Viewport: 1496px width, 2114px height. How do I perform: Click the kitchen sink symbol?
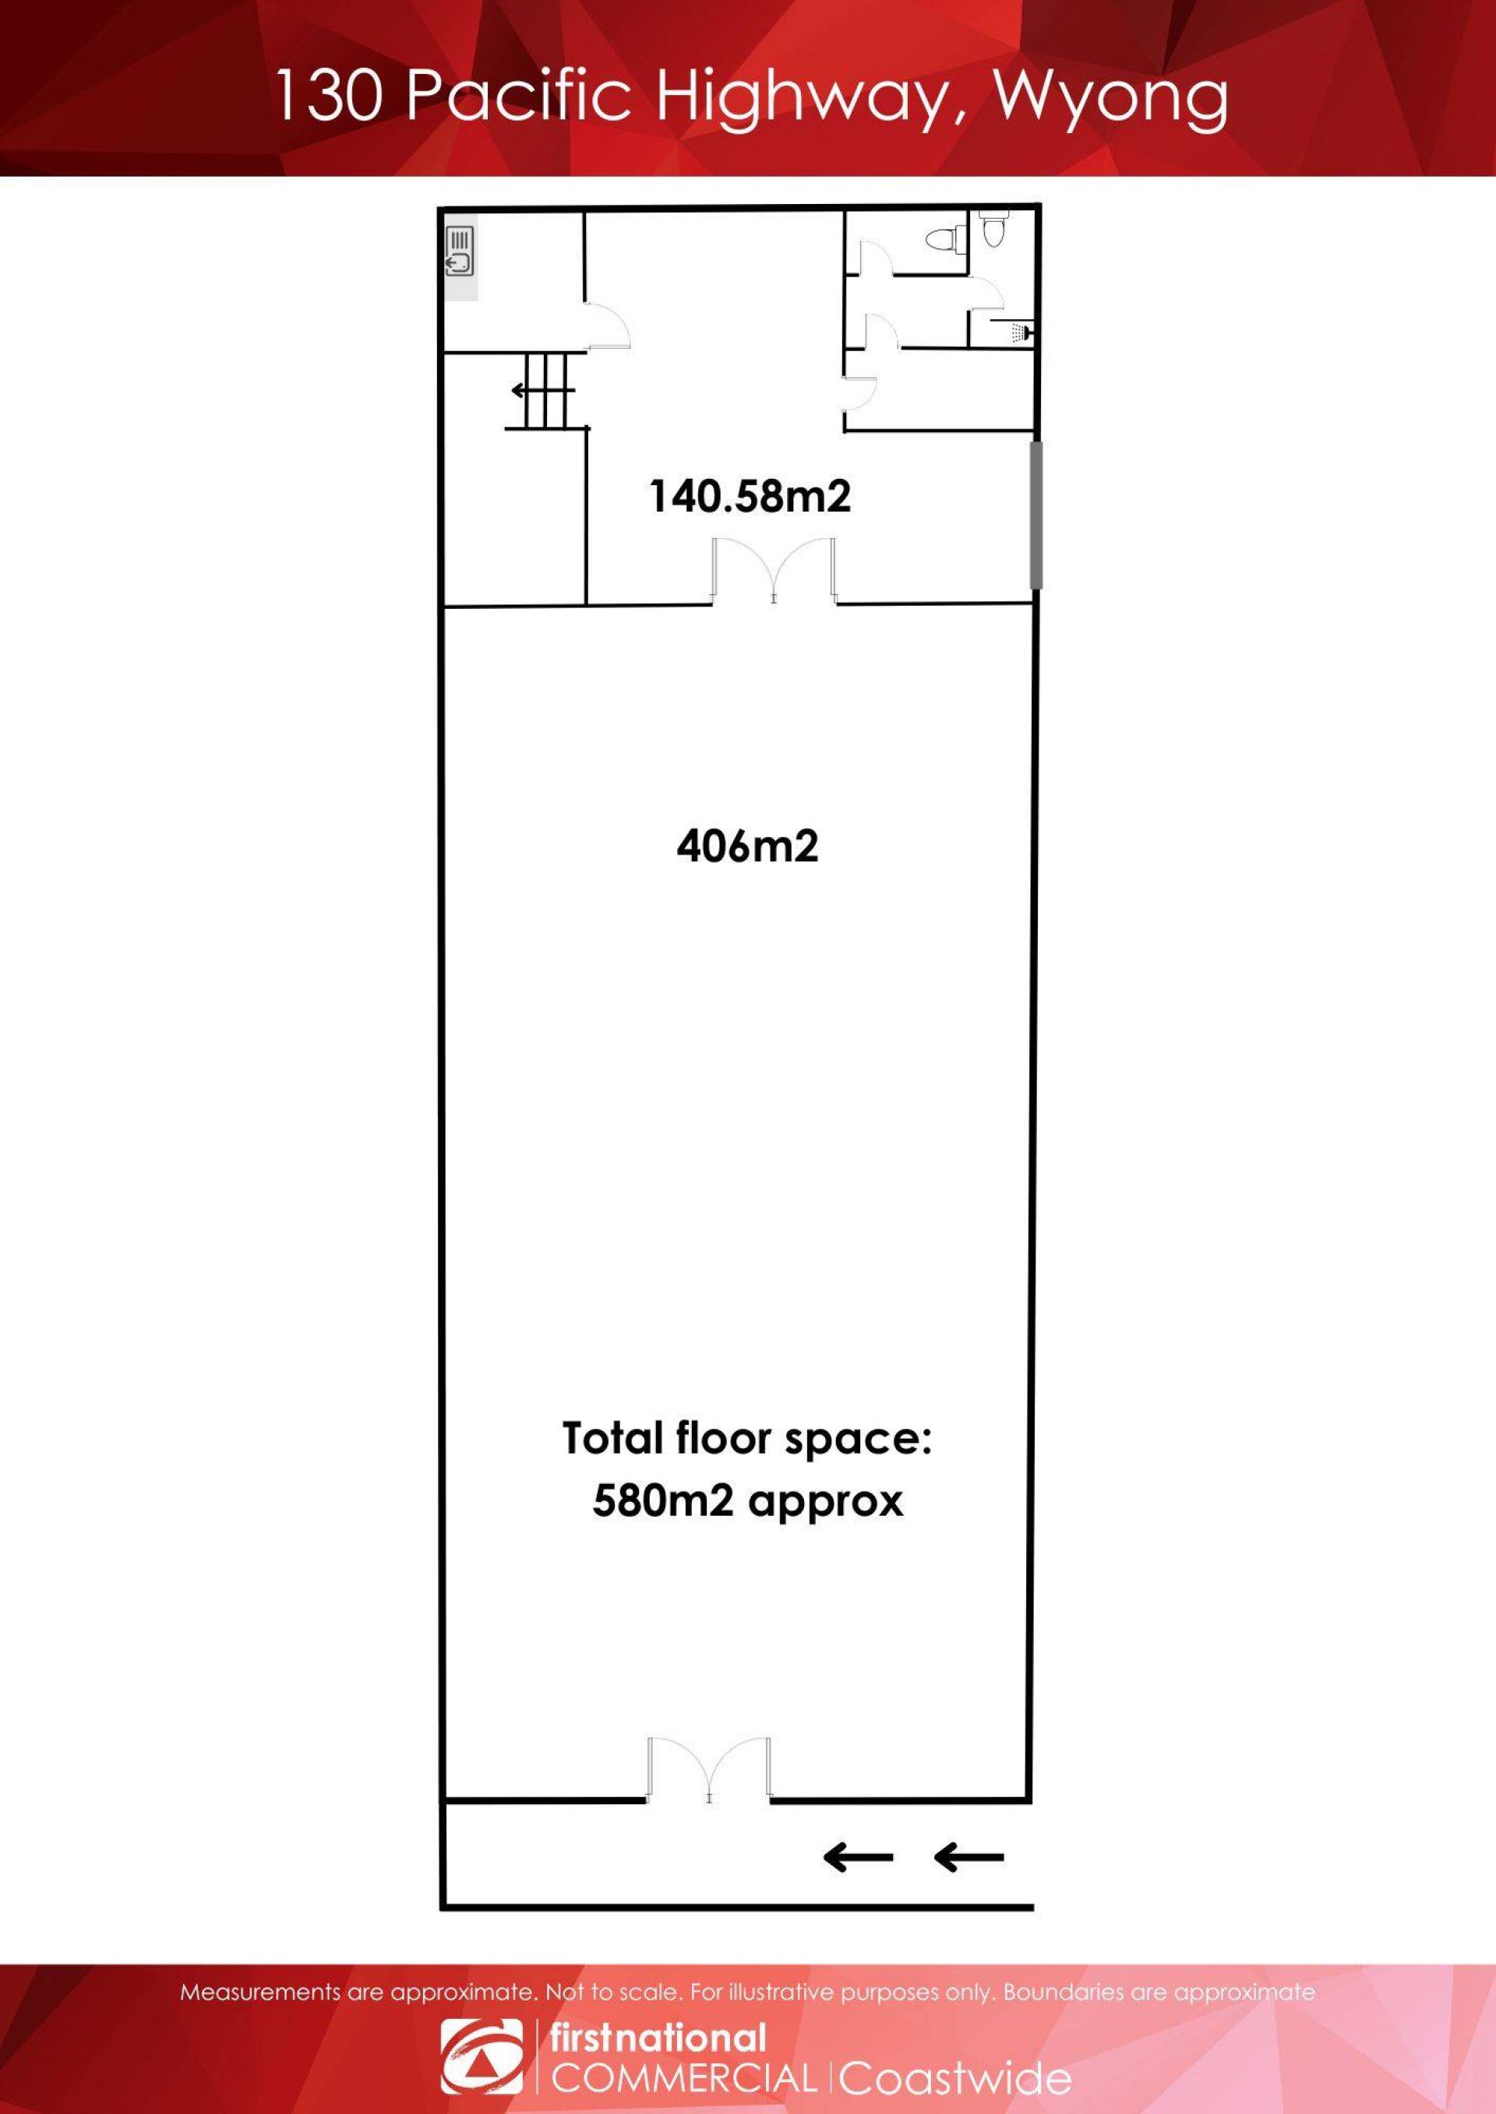tap(460, 251)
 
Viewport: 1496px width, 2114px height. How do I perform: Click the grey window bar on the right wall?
tap(1036, 515)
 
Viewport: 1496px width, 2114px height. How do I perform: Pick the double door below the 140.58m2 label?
tap(774, 573)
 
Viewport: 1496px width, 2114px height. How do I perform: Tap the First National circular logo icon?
tap(482, 2056)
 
